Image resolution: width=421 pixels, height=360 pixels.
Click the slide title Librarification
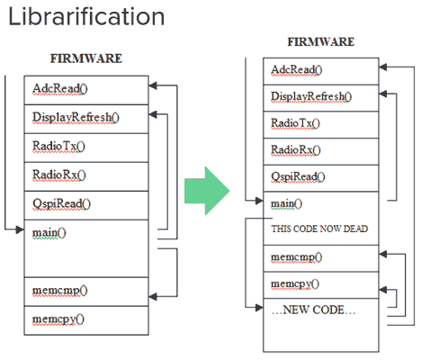[x=86, y=17]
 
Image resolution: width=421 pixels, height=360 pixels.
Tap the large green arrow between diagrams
[x=207, y=191]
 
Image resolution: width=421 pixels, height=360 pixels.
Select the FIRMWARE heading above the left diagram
[x=86, y=58]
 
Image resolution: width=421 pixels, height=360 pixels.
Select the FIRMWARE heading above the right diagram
[x=321, y=41]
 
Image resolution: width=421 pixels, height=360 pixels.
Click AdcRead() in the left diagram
[x=60, y=89]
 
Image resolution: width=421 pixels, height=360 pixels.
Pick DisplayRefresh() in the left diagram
[x=76, y=118]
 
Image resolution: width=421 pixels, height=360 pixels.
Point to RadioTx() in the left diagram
[x=58, y=147]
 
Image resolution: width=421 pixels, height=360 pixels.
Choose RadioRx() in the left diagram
[x=59, y=175]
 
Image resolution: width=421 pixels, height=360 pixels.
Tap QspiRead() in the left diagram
[x=61, y=204]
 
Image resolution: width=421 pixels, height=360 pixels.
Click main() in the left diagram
[x=49, y=233]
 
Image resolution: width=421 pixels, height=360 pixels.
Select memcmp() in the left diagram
[x=59, y=291]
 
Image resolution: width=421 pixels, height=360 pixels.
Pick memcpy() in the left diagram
[x=58, y=319]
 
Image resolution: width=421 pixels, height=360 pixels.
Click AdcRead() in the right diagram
[x=297, y=70]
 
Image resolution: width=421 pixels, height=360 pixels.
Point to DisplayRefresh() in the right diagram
[x=311, y=96]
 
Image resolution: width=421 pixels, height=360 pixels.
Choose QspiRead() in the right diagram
[x=298, y=176]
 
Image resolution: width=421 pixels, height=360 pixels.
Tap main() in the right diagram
[x=286, y=203]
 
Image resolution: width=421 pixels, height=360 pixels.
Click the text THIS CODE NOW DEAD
[x=319, y=229]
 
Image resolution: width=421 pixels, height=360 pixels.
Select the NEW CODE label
[x=313, y=310]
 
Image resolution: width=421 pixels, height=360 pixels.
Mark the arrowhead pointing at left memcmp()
[x=153, y=297]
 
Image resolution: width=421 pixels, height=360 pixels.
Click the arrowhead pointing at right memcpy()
[x=383, y=290]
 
